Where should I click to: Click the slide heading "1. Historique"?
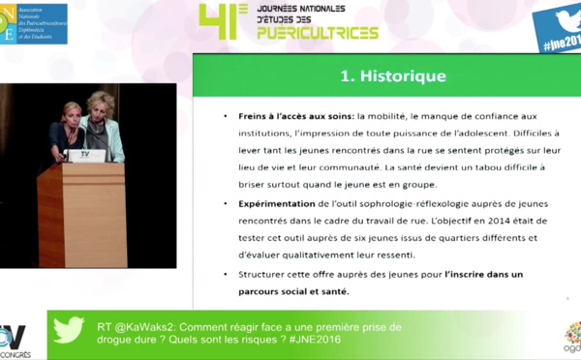click(x=391, y=75)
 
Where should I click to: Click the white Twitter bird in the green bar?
click(x=68, y=331)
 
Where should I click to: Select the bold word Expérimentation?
click(x=275, y=204)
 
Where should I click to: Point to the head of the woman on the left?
click(x=71, y=112)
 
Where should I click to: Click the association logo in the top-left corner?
click(x=34, y=22)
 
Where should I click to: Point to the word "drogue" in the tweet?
click(x=117, y=340)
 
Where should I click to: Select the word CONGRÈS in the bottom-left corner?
click(x=19, y=354)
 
